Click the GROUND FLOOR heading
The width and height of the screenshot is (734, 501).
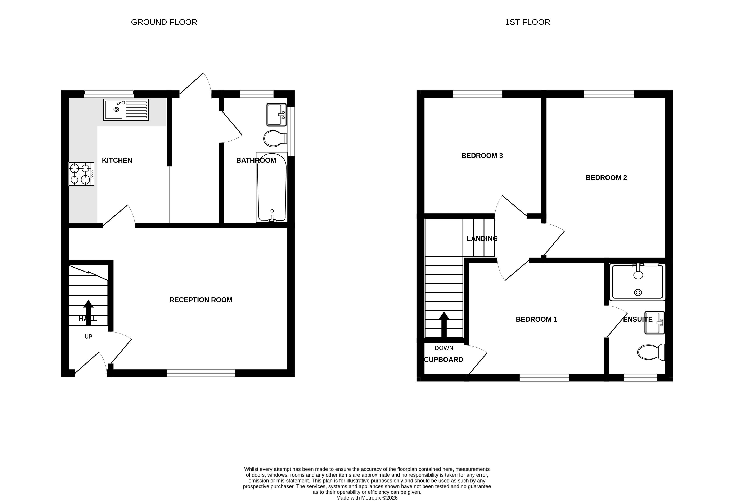[x=164, y=22]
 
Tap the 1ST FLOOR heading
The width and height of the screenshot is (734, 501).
[x=527, y=22]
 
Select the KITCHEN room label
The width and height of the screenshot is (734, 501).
[x=117, y=160]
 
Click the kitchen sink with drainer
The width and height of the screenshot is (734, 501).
[x=126, y=110]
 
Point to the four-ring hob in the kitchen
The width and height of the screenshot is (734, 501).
[x=81, y=174]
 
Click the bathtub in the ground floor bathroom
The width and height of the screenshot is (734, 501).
[x=272, y=187]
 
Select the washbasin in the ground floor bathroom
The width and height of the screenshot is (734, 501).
[x=276, y=115]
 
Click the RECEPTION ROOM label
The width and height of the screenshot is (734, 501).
[x=201, y=300]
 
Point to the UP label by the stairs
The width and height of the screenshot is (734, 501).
[x=89, y=337]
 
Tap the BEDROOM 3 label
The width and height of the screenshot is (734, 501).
[x=482, y=156]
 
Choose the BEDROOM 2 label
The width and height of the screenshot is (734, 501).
[x=606, y=178]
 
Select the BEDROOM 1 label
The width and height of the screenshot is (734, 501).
[x=536, y=319]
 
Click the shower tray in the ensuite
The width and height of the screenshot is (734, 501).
[x=638, y=281]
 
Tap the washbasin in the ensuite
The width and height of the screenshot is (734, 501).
[x=654, y=323]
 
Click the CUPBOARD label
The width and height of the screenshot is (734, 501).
[x=443, y=360]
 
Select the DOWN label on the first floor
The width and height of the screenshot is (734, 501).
[x=444, y=348]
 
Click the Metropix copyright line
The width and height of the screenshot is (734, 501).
[x=367, y=498]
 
